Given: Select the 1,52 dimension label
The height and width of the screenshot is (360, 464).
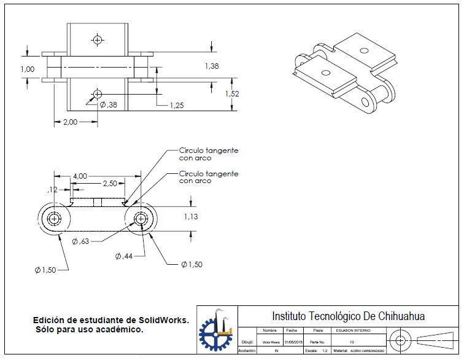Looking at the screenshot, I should coord(232,94).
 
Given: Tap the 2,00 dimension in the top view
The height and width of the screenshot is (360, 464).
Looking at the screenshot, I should coord(71,122).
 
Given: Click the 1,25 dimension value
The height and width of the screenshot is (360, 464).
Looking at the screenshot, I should coord(177,106).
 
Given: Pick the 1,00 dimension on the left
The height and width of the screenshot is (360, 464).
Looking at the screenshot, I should coord(28,69).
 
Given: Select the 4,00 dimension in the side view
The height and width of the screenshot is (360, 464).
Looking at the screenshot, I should coord(80,176).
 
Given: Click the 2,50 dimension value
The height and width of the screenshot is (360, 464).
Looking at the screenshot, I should coord(110,184).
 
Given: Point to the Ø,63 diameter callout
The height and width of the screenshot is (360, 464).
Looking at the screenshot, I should coord(80,241).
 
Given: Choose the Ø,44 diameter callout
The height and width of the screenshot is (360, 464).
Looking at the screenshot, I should coord(125,256).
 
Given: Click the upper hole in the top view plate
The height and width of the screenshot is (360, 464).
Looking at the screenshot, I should coord(97,40).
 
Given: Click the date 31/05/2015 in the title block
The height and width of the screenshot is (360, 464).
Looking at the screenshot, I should coord(294,342).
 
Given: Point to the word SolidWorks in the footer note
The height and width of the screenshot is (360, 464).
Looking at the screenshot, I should coord(163,321).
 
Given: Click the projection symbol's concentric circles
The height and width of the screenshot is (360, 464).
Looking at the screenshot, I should coord(401,340).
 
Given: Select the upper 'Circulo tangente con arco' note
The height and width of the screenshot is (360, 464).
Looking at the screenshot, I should coord(208,154).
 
